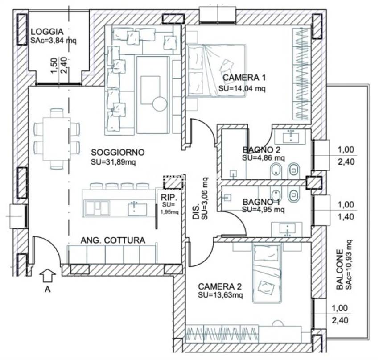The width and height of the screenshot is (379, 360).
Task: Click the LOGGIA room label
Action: point(47,32)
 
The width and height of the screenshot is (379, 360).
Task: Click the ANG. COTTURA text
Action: point(113,240)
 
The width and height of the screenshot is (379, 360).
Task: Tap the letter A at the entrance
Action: point(47,289)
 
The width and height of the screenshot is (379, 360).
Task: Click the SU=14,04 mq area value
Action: point(242,88)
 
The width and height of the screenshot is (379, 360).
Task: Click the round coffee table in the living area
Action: point(159,105)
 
